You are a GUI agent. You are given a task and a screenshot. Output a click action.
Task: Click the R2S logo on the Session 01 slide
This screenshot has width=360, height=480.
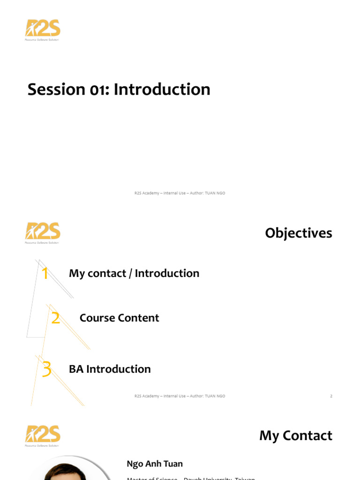tap(43, 29)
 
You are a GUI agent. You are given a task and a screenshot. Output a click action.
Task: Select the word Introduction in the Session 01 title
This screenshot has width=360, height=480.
tap(162, 89)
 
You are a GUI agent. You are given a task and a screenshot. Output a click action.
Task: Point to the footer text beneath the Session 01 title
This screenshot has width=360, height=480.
tap(180, 193)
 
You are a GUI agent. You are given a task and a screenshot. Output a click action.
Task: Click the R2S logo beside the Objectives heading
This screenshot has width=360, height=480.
tap(43, 232)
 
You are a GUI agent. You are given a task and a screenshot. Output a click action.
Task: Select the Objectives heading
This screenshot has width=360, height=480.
tap(298, 233)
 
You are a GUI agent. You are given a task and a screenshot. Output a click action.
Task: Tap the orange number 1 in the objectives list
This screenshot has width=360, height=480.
tap(45, 273)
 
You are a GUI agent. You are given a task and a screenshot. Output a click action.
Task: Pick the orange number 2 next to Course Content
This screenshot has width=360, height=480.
tap(55, 318)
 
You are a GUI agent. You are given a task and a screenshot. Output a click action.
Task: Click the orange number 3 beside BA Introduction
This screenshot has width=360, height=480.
tap(46, 369)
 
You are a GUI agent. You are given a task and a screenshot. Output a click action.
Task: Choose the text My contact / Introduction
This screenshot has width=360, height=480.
tap(134, 273)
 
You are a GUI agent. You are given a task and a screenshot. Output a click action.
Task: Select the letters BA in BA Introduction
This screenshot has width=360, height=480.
tap(76, 369)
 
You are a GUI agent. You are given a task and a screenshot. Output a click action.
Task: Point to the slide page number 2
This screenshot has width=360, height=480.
tap(331, 396)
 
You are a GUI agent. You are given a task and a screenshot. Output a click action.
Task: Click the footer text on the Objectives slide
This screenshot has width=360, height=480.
tap(180, 396)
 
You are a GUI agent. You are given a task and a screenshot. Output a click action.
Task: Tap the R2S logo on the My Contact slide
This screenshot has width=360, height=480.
tap(43, 435)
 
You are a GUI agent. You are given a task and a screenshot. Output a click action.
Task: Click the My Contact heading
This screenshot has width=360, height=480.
tap(296, 435)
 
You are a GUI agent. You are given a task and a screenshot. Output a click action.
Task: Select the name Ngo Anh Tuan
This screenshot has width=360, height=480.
tap(155, 464)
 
